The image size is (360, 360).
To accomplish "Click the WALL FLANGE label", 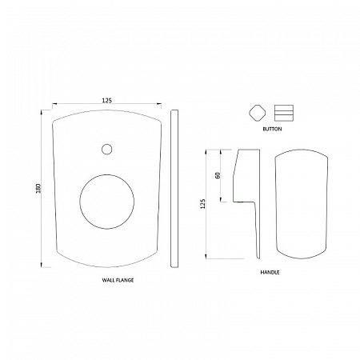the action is [x=118, y=280].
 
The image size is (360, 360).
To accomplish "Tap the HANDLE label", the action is [x=270, y=272].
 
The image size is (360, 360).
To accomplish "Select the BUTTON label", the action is [x=272, y=129].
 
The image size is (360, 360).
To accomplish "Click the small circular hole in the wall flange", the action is [x=106, y=149].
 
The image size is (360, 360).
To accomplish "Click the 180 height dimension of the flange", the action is [x=38, y=188].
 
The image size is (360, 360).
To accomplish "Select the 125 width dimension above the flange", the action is [x=106, y=100].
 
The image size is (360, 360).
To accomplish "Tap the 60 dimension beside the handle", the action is [x=218, y=175].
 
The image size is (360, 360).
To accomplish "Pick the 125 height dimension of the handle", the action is [x=203, y=204].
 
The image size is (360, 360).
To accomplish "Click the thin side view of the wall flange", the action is [x=174, y=189].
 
